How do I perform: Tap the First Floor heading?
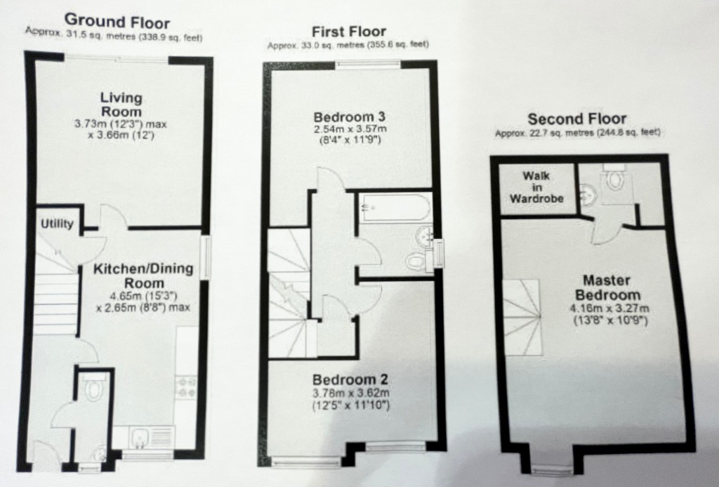coord(348,32)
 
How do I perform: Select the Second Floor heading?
coord(577,119)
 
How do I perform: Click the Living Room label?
coord(120,104)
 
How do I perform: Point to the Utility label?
coord(57,224)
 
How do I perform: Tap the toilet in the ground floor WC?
coord(93,387)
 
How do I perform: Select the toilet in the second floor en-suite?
coord(615,180)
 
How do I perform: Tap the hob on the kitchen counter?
coord(187,387)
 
